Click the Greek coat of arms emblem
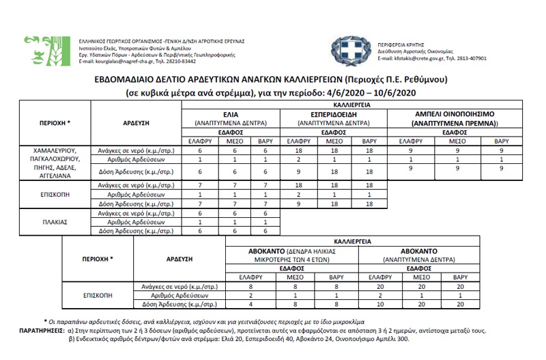click(348, 50)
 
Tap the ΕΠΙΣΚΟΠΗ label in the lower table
click(98, 296)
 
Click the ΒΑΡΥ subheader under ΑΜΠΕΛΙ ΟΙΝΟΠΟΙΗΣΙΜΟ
click(501, 141)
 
